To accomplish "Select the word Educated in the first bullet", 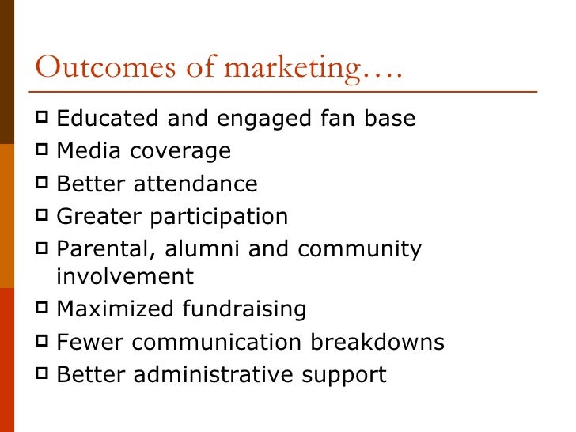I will coord(108,119).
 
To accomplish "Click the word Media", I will coord(88,151).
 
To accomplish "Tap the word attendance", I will coord(195,184).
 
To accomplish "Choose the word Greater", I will coord(97,216).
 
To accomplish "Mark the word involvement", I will coord(125,276).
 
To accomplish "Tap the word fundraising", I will coord(244,309).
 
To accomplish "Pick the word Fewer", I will coord(90,342).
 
